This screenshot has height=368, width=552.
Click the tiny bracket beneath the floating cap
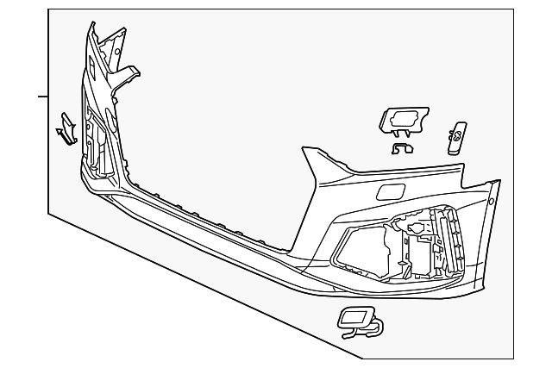[x=402, y=148]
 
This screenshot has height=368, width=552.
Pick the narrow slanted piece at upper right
[x=458, y=137]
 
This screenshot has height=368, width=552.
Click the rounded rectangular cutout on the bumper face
[x=389, y=191]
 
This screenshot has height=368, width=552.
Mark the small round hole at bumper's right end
[x=491, y=203]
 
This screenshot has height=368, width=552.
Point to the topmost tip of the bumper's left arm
[x=89, y=25]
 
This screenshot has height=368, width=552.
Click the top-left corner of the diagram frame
[x=49, y=10]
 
